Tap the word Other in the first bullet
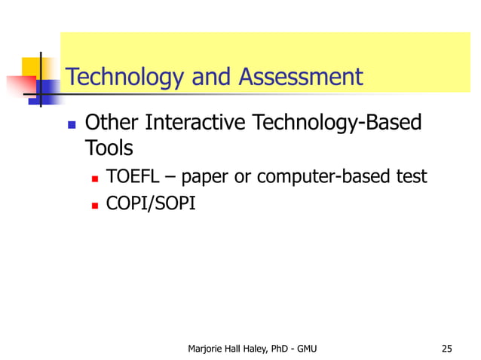[x=112, y=122]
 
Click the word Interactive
[x=195, y=122]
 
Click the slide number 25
[x=447, y=348]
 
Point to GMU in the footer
[x=307, y=348]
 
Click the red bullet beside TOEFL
[x=95, y=178]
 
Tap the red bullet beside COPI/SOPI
[x=95, y=203]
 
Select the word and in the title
[x=214, y=77]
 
